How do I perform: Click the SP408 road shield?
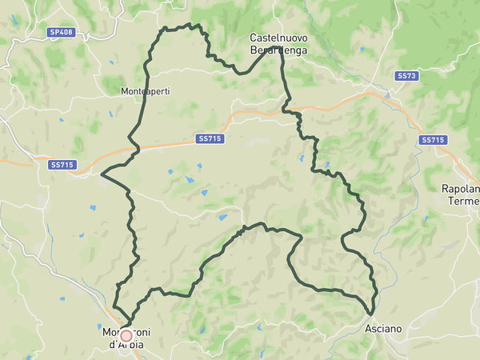coord(60,32)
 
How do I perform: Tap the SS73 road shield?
coord(406,75)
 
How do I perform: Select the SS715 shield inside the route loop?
coord(210,138)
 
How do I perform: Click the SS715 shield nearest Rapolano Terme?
coord(433,140)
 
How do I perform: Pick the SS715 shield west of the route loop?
coord(62,165)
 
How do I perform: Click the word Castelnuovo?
coord(278,38)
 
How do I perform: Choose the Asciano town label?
coord(383,329)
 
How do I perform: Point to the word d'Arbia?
coord(125,345)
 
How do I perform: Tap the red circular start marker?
coord(126,335)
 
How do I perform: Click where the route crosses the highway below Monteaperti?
coord(137,148)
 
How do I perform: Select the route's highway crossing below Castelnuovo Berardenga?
coord(285,110)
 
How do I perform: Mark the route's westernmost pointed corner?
coord(102,171)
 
